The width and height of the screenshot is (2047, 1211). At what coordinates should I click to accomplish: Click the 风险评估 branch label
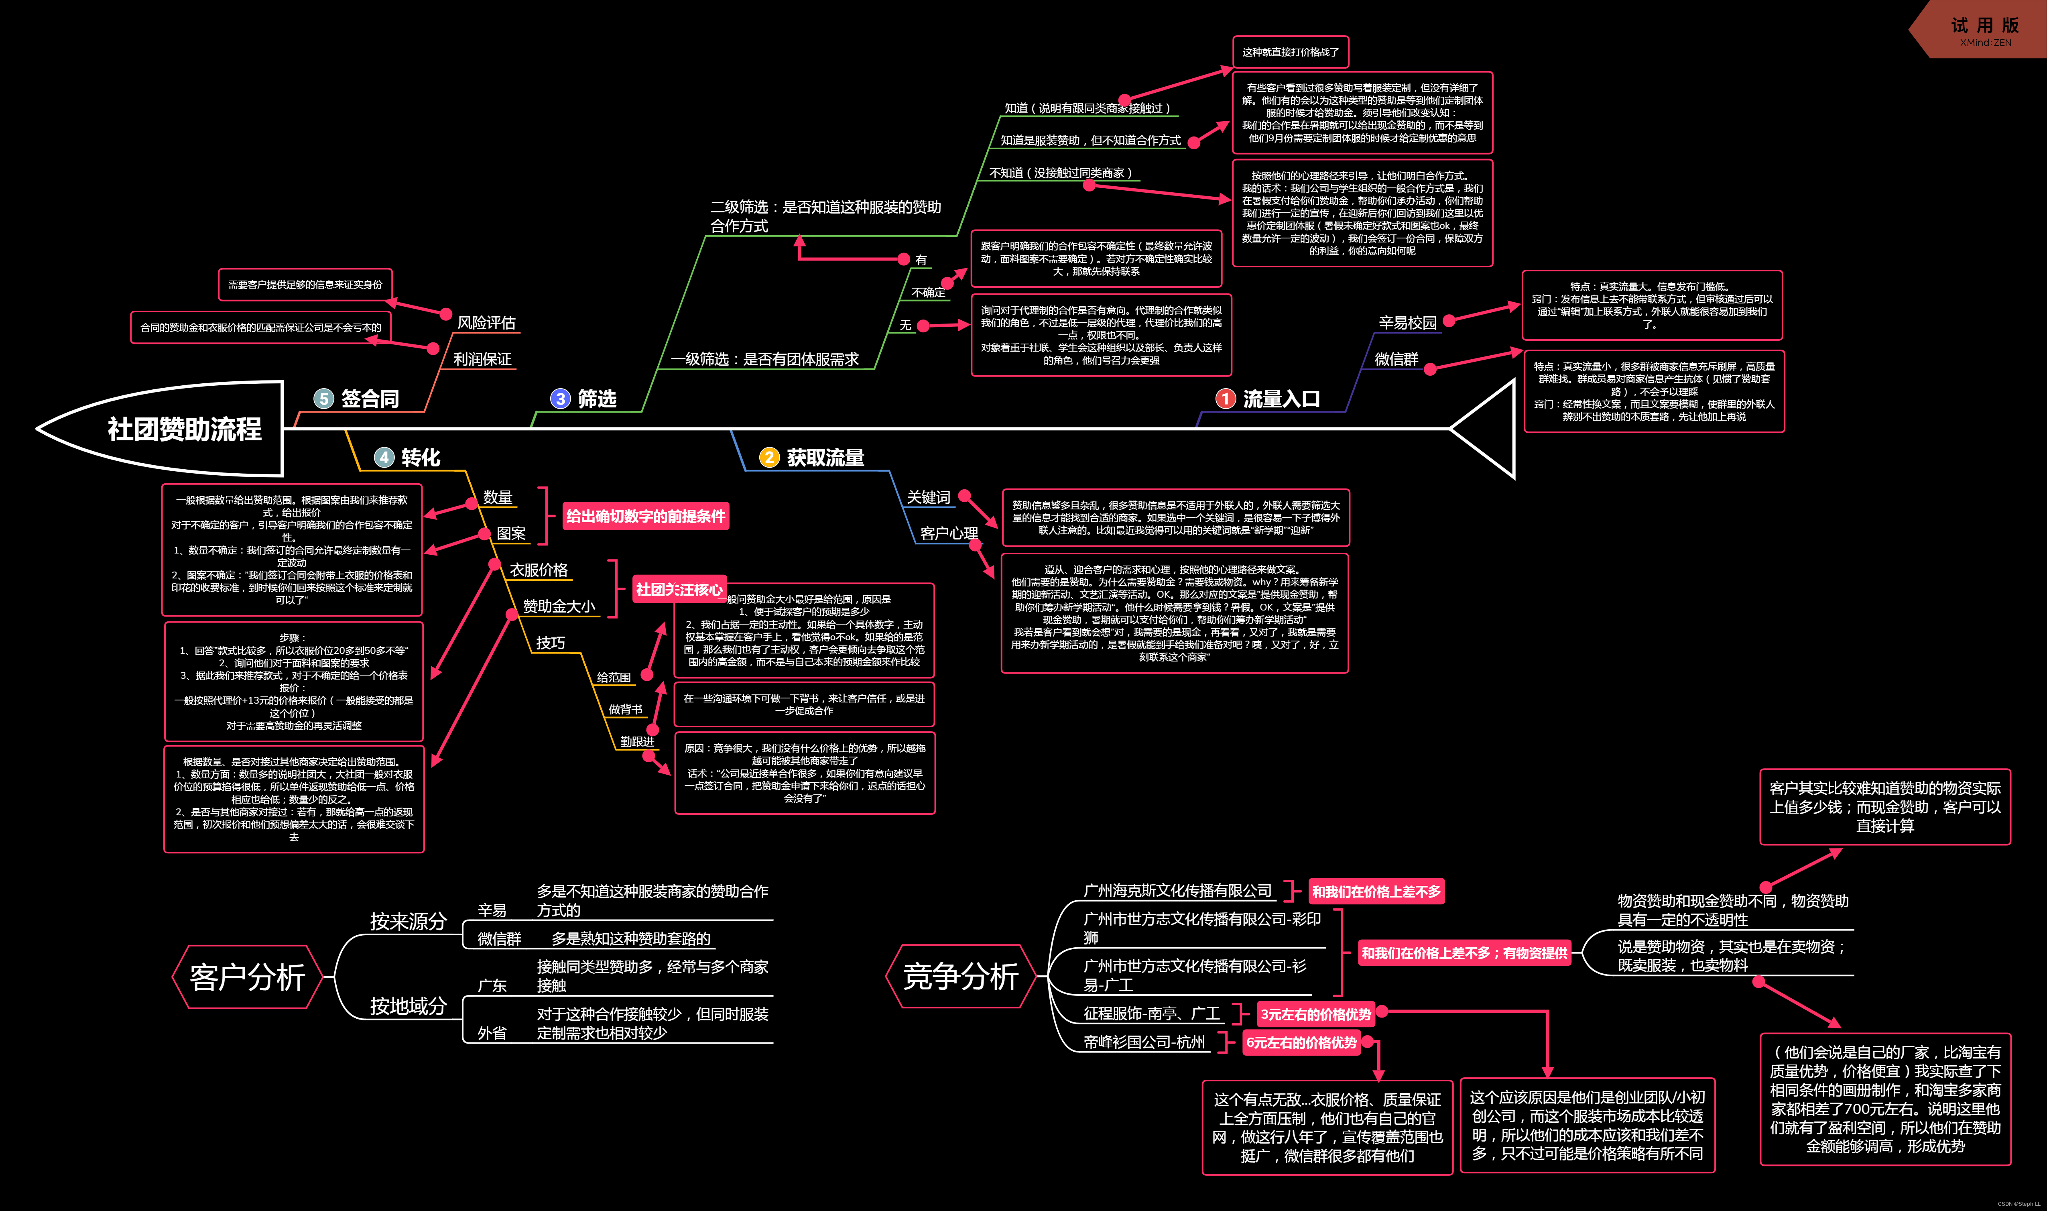tap(486, 323)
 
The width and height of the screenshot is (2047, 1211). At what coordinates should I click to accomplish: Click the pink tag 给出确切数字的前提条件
tap(645, 516)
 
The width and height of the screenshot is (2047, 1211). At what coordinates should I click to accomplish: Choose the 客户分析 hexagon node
tap(247, 977)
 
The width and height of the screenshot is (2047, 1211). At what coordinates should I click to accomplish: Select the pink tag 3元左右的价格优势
tap(1315, 1014)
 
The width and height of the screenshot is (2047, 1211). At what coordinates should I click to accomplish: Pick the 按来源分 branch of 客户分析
tap(408, 921)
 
